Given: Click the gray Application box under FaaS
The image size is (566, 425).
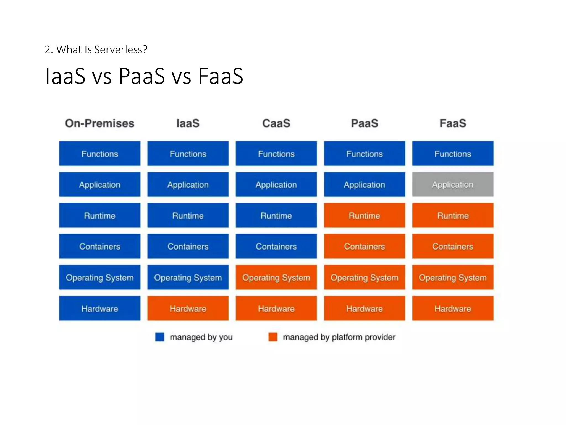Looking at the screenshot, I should pyautogui.click(x=453, y=185).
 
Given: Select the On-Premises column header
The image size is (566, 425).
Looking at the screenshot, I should pyautogui.click(x=99, y=123).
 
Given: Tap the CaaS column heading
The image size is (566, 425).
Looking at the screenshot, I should pyautogui.click(x=276, y=123).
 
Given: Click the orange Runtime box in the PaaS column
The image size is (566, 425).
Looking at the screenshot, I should pyautogui.click(x=364, y=216).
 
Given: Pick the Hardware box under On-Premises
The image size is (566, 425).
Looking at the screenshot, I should pyautogui.click(x=99, y=308).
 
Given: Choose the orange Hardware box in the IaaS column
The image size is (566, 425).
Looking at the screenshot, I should pyautogui.click(x=188, y=308).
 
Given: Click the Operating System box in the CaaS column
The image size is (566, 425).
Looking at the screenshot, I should pyautogui.click(x=276, y=277).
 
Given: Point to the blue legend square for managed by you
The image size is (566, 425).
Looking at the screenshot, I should pyautogui.click(x=160, y=337).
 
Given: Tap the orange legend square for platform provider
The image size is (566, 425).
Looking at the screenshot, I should pyautogui.click(x=273, y=337).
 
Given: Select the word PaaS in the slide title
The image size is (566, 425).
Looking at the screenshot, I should pyautogui.click(x=142, y=76).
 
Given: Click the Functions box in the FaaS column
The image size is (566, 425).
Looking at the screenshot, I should pyautogui.click(x=453, y=154).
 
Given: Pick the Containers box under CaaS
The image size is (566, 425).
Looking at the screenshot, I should pyautogui.click(x=276, y=246).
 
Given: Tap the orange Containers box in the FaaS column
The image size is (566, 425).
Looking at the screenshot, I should pyautogui.click(x=453, y=246).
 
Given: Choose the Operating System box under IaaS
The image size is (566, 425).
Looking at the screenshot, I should pyautogui.click(x=188, y=277).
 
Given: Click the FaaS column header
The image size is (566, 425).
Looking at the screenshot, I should pyautogui.click(x=453, y=123).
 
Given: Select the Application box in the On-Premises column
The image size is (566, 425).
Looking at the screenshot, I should pyautogui.click(x=99, y=185).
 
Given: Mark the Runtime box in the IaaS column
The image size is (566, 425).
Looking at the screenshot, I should pyautogui.click(x=188, y=216).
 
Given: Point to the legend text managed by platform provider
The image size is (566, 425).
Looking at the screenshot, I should pyautogui.click(x=339, y=337).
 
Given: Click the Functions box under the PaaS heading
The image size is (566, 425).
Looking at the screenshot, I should pyautogui.click(x=364, y=154).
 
